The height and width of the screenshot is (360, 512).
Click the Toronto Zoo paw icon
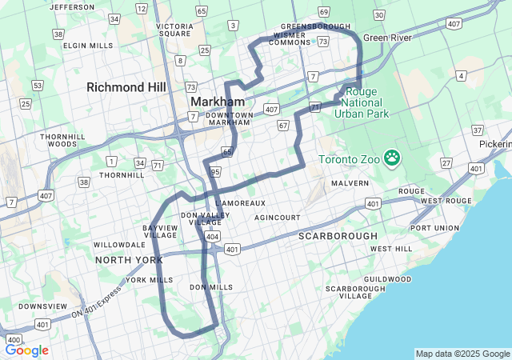click(391, 158)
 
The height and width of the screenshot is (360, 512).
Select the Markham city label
click(217, 102)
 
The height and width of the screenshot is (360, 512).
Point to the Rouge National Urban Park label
click(361, 102)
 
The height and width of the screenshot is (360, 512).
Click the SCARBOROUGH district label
click(337, 237)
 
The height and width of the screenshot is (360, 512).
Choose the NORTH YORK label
click(129, 260)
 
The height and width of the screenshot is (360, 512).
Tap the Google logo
click(27, 350)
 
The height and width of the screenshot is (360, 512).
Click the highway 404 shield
click(212, 237)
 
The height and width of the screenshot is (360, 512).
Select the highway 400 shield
click(13, 340)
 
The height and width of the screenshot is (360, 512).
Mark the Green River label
click(388, 38)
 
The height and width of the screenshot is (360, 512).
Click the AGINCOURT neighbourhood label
click(278, 218)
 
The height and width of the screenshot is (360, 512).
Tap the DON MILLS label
click(211, 287)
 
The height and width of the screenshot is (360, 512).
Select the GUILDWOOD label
click(386, 279)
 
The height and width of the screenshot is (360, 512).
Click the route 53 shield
click(37, 85)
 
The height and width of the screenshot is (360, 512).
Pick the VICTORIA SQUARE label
click(174, 30)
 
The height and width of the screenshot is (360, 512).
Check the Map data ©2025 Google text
click(462, 354)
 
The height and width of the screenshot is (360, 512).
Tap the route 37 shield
click(478, 130)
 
